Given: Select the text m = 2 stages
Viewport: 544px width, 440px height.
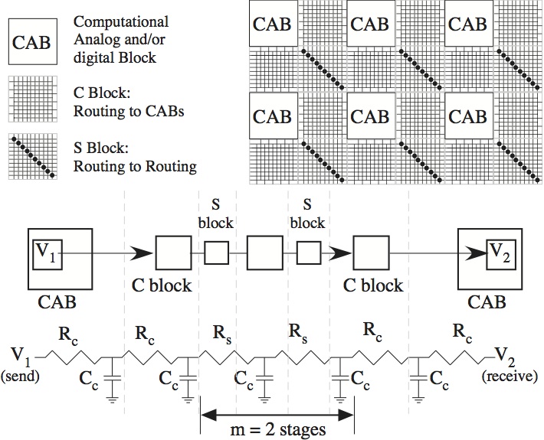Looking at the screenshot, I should (x=277, y=429).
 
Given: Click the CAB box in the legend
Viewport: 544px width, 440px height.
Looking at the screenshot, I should (x=31, y=40).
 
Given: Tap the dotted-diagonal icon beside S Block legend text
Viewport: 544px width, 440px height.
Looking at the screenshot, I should (x=31, y=156).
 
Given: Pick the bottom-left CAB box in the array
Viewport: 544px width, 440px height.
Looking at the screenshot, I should (x=273, y=118).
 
